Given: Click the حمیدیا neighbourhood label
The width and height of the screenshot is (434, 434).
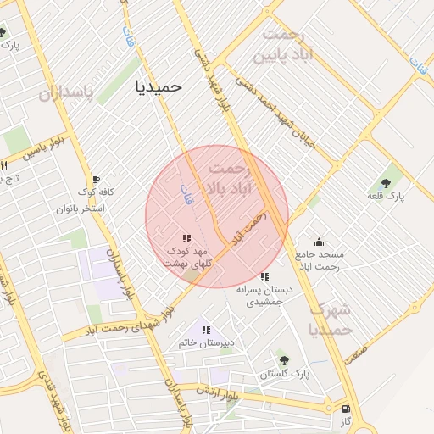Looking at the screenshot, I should (x=159, y=86).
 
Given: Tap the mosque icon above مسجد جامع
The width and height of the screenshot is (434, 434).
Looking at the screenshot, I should (x=319, y=242).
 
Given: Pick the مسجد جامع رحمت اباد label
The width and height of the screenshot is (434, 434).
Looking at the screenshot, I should (x=319, y=260).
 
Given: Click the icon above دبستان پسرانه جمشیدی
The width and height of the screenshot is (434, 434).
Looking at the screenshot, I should (x=265, y=276).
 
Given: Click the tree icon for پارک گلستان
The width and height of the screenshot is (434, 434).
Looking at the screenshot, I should (x=283, y=360).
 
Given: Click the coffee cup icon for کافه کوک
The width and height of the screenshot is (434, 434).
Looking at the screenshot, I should (x=96, y=180).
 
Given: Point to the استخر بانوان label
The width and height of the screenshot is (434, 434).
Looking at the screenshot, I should (x=81, y=208).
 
